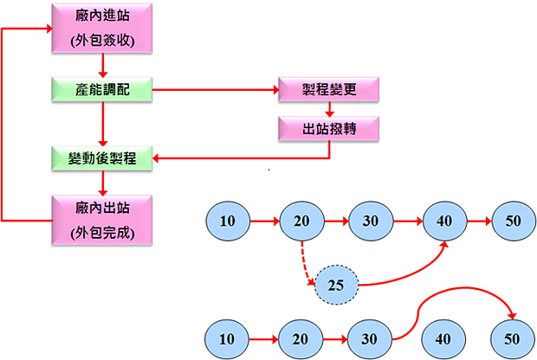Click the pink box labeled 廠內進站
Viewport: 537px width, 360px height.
103,29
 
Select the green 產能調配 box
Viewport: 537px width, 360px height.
103,88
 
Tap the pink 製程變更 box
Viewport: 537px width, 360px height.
329,88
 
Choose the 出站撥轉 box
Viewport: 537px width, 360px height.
329,128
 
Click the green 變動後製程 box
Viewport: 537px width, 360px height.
103,157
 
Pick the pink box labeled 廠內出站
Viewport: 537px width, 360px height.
103,220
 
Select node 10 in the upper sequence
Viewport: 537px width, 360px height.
227,221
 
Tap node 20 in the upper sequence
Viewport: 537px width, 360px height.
301,221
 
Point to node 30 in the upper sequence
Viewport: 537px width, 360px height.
371,221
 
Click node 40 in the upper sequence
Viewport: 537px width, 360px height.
444,221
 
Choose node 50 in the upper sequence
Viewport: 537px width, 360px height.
513,221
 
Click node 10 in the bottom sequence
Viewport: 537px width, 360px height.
227,337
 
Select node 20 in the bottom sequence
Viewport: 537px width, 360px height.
301,337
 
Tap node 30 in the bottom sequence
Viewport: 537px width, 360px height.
371,337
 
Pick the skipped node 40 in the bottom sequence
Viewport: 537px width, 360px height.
444,337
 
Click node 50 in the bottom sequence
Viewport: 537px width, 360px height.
513,337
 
